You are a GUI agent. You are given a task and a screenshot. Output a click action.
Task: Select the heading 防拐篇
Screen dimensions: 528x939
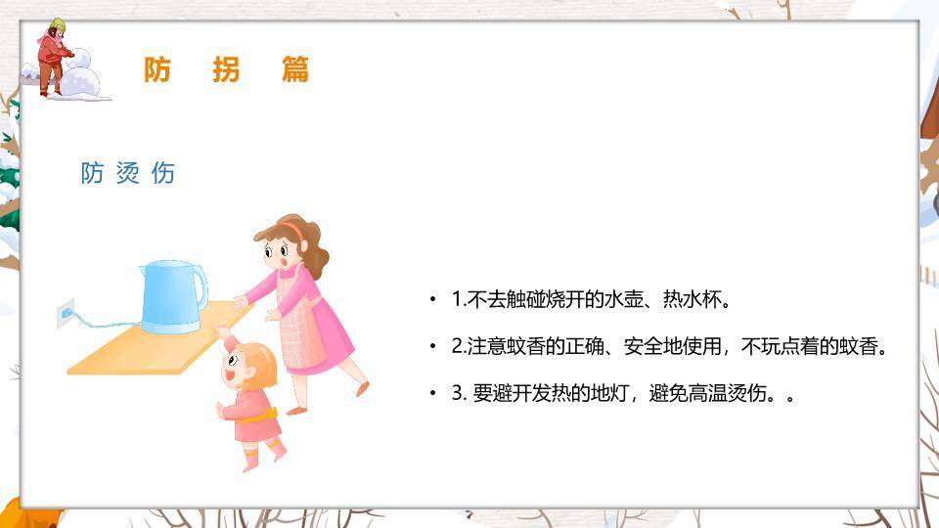226,69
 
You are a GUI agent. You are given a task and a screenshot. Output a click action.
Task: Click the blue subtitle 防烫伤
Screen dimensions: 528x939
128,174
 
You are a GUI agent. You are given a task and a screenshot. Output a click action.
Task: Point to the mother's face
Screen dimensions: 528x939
279,253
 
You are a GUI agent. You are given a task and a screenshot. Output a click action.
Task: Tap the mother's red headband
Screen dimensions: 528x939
292,231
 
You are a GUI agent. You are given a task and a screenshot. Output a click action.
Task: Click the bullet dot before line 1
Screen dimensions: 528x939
432,299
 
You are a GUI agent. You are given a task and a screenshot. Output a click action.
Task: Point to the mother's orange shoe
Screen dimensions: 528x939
363,388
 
